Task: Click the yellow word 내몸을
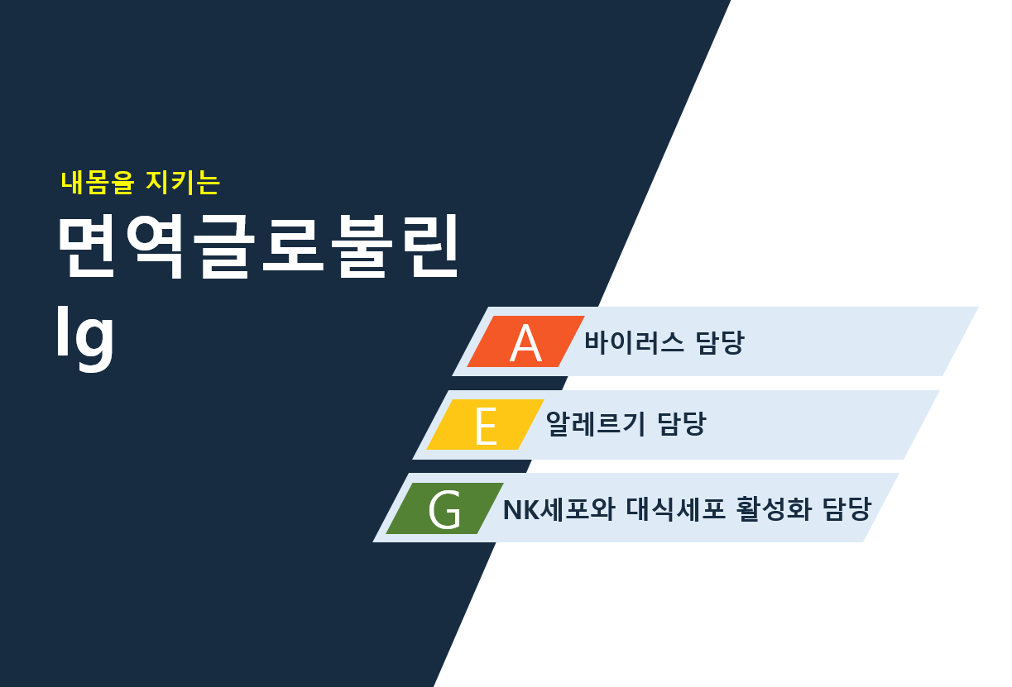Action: coord(98,183)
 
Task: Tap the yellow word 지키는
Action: coord(183,183)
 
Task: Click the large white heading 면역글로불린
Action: coord(258,246)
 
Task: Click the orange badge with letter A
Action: coord(526,341)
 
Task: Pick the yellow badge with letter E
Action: coord(486,424)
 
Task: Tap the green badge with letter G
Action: coord(445,508)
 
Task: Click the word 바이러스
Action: coord(634,341)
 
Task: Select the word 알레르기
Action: coord(595,423)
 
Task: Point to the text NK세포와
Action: coord(559,509)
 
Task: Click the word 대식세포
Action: coord(675,509)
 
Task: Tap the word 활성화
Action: coord(773,509)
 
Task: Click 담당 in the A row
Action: coord(720,341)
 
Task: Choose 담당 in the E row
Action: coord(681,423)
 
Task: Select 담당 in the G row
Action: coord(847,509)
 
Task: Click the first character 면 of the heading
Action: coord(87,246)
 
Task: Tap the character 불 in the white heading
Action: coord(362,246)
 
